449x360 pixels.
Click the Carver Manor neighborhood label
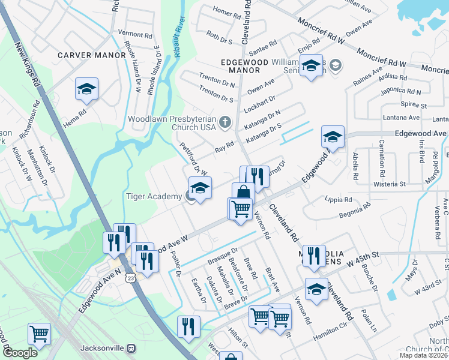(92, 55)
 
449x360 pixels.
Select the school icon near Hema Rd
(86, 90)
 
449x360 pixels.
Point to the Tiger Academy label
(153, 196)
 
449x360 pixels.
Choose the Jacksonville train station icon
(131, 348)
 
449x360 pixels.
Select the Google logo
(20, 353)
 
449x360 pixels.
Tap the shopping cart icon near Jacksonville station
(39, 333)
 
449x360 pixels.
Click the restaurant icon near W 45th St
(313, 256)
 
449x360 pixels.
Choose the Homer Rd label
(226, 12)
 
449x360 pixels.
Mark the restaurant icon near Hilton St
(188, 327)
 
